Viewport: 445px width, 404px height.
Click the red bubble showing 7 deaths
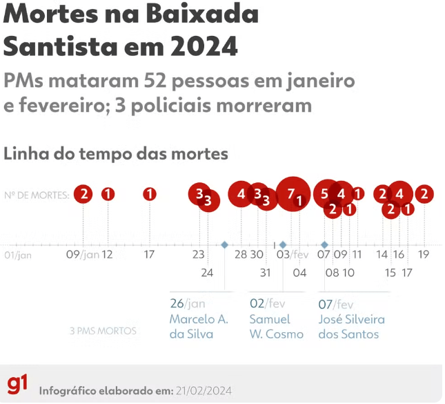(291, 193)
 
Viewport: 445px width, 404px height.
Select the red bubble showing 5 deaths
(325, 194)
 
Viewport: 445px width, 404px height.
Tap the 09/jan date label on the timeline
(83, 254)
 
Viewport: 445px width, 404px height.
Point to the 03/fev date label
(293, 254)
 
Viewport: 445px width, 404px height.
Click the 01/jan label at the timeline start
(18, 255)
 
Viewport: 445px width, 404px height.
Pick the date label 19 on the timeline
(424, 254)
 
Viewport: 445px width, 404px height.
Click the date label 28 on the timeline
(241, 254)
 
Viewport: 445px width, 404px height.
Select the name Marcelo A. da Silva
(199, 327)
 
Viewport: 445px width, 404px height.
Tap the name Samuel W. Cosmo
(276, 327)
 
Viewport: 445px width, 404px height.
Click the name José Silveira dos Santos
(351, 327)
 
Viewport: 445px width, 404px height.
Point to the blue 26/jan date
(188, 303)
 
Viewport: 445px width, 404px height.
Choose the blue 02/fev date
(266, 303)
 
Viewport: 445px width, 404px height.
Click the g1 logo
(18, 384)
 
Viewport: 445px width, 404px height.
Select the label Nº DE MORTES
(37, 195)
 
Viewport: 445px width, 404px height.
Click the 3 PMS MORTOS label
(104, 331)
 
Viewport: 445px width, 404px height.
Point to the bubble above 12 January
(108, 194)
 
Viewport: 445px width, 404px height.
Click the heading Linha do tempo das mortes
(116, 153)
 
